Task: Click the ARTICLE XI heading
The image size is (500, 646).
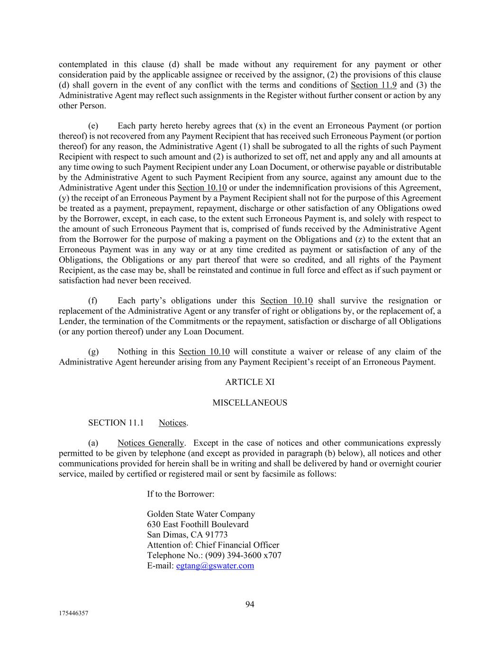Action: (x=250, y=382)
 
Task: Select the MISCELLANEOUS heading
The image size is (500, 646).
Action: (x=250, y=403)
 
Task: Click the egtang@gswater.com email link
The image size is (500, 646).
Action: (x=215, y=566)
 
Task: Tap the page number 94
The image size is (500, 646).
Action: (x=250, y=604)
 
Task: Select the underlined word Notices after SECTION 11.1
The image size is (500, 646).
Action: (x=173, y=423)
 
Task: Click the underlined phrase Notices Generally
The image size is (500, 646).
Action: (x=150, y=443)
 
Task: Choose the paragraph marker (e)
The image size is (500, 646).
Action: (x=93, y=126)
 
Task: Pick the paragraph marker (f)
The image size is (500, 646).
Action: (x=93, y=301)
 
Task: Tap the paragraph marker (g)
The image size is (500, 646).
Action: (x=93, y=352)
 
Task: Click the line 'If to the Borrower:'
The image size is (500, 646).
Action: (x=181, y=494)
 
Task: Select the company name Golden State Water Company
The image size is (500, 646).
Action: (x=201, y=514)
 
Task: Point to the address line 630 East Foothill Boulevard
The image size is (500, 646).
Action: (x=198, y=524)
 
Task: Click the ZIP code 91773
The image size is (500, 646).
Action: (x=216, y=535)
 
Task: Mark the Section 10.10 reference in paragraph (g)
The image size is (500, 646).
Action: (x=204, y=352)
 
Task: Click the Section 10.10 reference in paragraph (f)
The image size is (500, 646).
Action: (x=286, y=301)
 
